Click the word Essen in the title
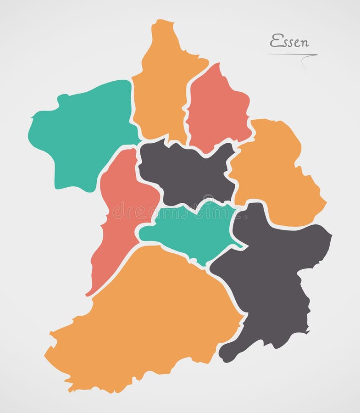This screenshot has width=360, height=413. point(289,41)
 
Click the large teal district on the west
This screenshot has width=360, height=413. point(83,133)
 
